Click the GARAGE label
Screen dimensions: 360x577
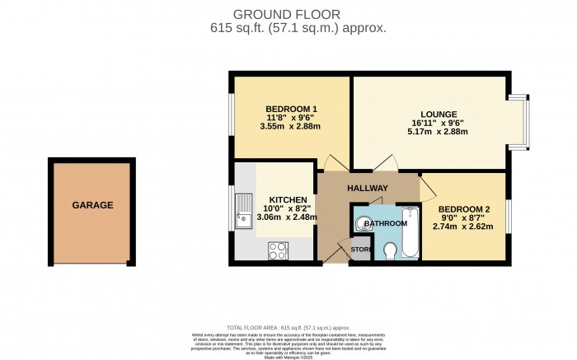(92, 205)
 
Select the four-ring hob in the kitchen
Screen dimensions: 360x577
(276, 248)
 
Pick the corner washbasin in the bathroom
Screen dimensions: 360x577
(363, 221)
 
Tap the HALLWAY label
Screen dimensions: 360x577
(367, 189)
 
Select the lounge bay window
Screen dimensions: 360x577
(518, 124)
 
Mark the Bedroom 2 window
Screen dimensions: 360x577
(506, 216)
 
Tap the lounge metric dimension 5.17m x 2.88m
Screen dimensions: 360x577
(434, 132)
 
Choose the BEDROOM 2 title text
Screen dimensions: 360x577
(465, 209)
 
